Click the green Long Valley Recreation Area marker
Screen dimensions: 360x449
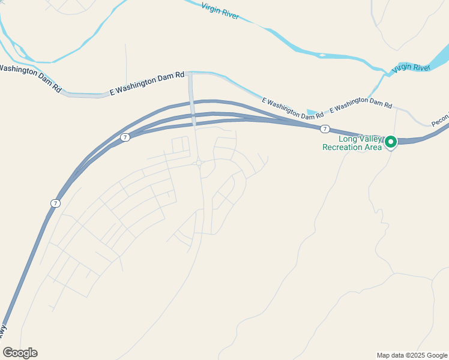[391, 142]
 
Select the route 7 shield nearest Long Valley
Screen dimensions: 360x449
[325, 129]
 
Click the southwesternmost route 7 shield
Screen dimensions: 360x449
[55, 203]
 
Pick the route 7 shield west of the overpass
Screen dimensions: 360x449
[125, 137]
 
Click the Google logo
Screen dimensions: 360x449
[20, 353]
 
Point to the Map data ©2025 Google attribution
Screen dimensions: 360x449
[412, 355]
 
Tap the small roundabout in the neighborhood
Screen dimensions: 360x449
[198, 163]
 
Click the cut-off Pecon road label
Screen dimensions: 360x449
[439, 118]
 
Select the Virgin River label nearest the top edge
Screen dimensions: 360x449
[219, 11]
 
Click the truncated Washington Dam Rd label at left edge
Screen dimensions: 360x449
[30, 77]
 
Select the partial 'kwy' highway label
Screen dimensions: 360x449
[3, 330]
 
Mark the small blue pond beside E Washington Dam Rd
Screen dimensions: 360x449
[312, 112]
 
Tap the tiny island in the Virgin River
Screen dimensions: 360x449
[322, 56]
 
